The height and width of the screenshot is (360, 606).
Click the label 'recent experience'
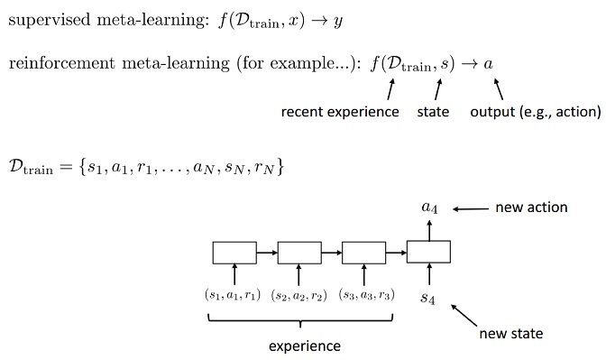coord(340,113)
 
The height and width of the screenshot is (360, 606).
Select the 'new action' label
coord(531,208)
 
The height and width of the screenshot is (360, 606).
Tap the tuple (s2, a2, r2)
coord(298,295)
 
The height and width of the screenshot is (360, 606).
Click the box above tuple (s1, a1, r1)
coord(234,252)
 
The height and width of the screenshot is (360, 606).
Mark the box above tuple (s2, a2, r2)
coord(299,252)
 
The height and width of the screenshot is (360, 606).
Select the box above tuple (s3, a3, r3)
coord(364,252)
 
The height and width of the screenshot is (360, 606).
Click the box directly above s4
coord(429,252)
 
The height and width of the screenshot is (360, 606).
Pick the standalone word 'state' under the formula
coord(433,113)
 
